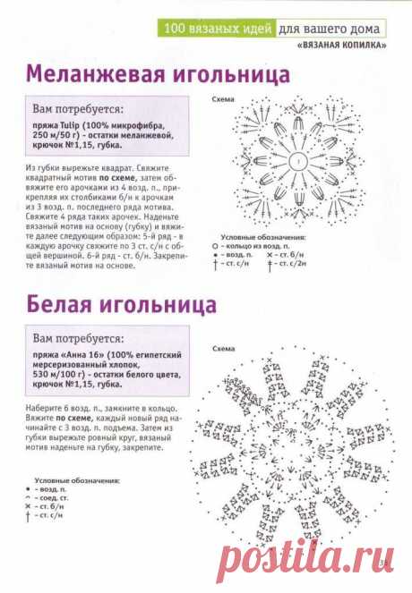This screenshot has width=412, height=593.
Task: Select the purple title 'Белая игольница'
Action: [x=120, y=306]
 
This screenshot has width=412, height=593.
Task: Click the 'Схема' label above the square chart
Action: [x=223, y=101]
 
